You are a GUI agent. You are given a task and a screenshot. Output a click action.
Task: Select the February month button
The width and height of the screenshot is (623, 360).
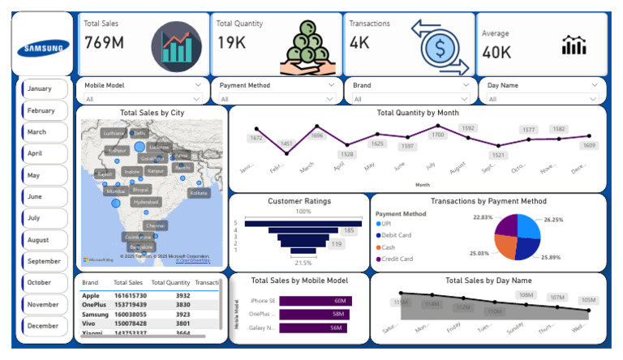tap(42, 110)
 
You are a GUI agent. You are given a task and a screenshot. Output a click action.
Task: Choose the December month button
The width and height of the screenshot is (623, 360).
tap(42, 326)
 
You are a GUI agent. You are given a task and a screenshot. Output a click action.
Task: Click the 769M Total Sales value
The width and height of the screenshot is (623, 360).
tap(105, 43)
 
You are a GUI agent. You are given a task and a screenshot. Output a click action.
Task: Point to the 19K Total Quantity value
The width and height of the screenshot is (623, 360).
tap(231, 43)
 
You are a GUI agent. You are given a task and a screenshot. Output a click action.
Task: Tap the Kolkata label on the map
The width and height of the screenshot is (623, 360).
tap(198, 193)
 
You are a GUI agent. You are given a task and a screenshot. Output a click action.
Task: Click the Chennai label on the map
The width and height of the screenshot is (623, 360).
tap(155, 225)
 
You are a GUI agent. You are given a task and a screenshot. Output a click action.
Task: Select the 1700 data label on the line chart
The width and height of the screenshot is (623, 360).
tap(437, 135)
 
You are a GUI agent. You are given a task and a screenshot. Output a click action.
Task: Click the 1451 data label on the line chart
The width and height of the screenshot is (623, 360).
tap(287, 144)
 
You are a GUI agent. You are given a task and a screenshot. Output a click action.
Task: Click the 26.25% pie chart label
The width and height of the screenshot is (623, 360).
tap(554, 219)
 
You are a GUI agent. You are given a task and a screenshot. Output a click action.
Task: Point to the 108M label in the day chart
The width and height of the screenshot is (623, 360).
tap(526, 295)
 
